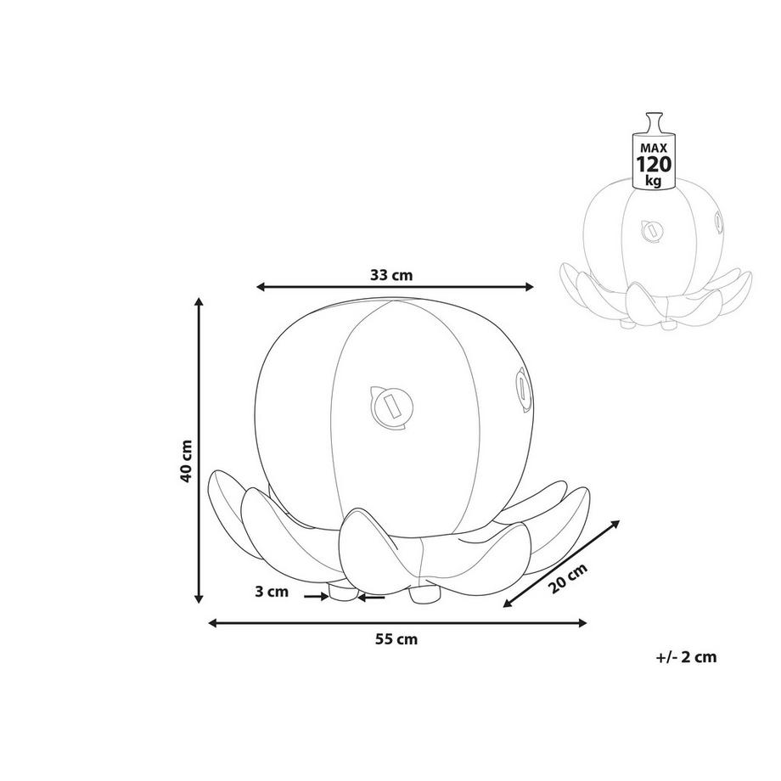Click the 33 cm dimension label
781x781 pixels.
pos(391,274)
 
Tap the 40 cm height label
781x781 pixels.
pos(186,461)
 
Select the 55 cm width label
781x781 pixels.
pos(396,639)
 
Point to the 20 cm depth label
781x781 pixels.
pos(568,578)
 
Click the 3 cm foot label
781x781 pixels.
pos(272,592)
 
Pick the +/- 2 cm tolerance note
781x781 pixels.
pos(687,657)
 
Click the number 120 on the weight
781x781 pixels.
pos(654,164)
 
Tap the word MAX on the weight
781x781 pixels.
pos(654,149)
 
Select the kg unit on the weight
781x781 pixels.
pos(653,180)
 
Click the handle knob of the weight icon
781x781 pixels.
pos(654,122)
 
